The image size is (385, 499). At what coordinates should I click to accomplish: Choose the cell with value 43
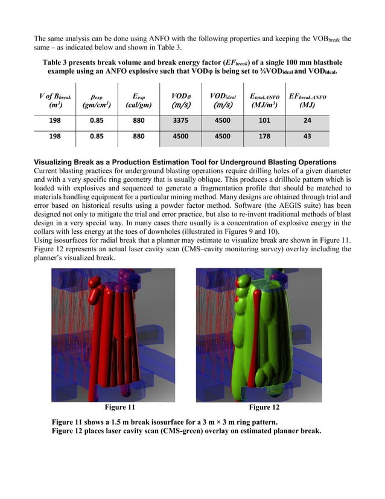pos(307,137)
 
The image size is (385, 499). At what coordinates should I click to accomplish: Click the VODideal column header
pos(223,101)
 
